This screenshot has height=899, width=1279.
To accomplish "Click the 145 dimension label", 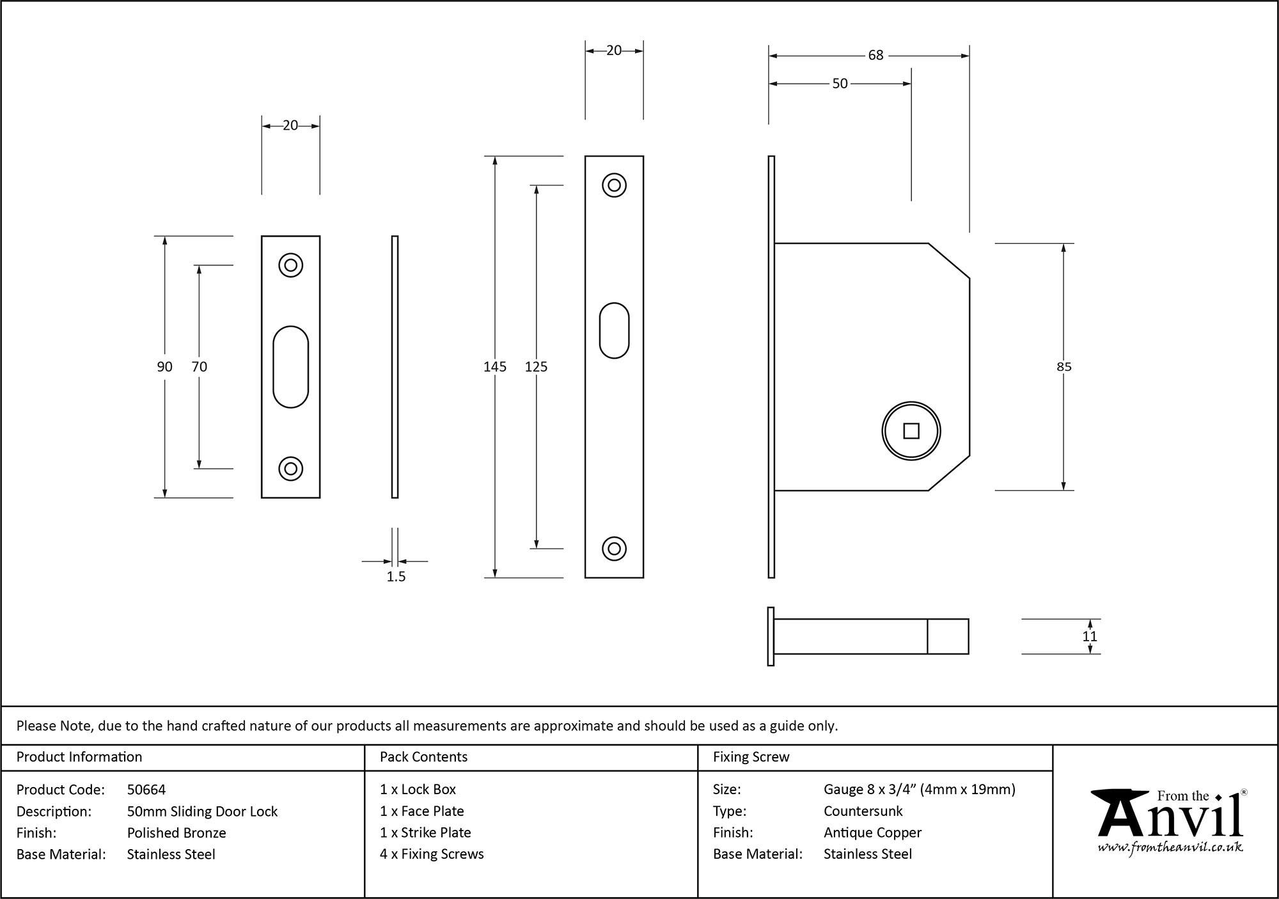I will pos(495,367).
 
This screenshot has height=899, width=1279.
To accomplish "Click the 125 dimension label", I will pos(536,367).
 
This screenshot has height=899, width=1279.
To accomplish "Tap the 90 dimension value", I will pos(164,367).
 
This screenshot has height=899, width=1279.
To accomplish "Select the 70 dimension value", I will pos(199,367).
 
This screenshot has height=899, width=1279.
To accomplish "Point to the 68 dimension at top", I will pos(875,56).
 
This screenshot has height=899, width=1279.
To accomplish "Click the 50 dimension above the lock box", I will pos(840,84).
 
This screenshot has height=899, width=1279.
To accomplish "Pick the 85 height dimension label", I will pos(1063,367).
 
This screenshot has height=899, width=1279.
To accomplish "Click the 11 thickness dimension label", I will pos(1090,637).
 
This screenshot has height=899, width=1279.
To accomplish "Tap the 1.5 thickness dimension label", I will pos(396,577).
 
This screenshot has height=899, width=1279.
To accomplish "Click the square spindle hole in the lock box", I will pos(911,432).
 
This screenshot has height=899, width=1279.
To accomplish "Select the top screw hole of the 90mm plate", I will pos(290,265).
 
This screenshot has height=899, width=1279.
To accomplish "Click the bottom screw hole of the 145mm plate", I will pos(614,549).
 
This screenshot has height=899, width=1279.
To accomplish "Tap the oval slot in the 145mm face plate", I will pos(614,331).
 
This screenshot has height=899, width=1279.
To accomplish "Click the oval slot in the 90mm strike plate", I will pos(290,367).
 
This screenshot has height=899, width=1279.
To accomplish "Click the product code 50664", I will pos(146,790).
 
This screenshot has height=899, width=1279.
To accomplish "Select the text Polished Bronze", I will pos(177,833).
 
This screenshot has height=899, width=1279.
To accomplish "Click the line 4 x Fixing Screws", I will pos(432,854).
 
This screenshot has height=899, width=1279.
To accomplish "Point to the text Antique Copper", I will pos(872,833).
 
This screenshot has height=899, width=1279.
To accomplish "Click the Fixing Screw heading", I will pos(751,757).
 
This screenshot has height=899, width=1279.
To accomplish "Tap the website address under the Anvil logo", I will pos(1170,848).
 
